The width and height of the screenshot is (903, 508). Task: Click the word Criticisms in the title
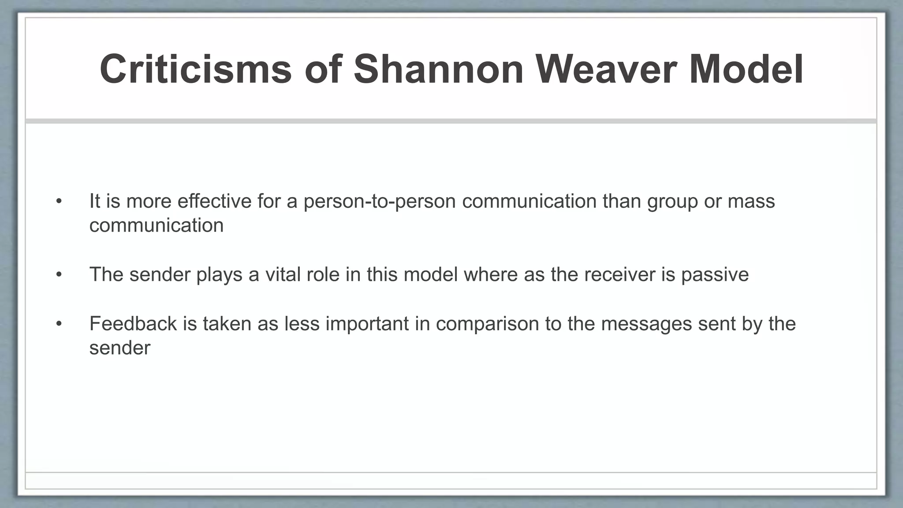(x=196, y=69)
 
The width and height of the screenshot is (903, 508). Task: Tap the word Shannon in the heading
(x=438, y=69)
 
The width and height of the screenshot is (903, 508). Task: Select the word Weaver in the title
(x=606, y=69)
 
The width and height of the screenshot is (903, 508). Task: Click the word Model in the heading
(x=746, y=69)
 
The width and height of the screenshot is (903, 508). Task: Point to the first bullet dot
(x=59, y=202)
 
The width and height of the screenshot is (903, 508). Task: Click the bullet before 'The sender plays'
(x=59, y=275)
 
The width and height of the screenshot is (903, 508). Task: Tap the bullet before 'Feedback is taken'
(x=59, y=324)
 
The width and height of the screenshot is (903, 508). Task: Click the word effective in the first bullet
(x=214, y=201)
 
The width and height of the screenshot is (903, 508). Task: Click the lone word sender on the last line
(x=119, y=348)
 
